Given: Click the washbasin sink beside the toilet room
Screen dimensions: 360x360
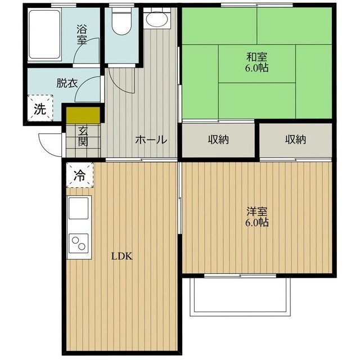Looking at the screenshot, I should (155, 20).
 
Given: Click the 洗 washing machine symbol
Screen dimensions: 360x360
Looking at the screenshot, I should (39, 109).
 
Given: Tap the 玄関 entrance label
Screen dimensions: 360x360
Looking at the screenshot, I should (83, 136).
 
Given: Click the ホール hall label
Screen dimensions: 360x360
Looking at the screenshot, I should (150, 139).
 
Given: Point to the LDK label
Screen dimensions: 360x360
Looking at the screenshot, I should (121, 256).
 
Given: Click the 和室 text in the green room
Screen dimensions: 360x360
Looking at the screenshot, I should (256, 57).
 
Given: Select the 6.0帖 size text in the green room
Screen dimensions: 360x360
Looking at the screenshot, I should (256, 69).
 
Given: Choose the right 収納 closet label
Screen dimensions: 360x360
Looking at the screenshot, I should (295, 139).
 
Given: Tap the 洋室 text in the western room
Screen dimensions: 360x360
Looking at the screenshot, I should (256, 211).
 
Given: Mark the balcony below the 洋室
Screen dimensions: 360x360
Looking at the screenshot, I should (241, 295).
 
